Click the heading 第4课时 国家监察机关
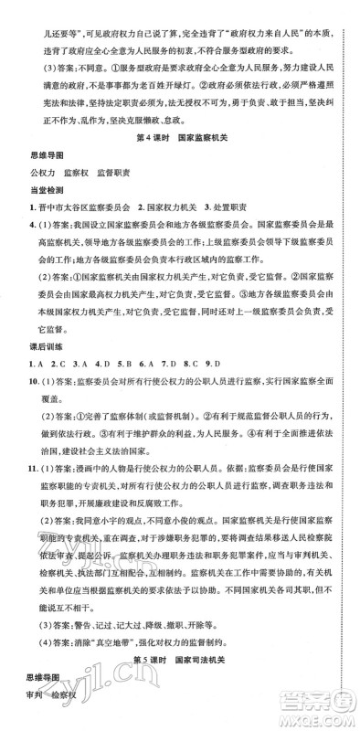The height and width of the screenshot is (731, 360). (179, 137)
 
